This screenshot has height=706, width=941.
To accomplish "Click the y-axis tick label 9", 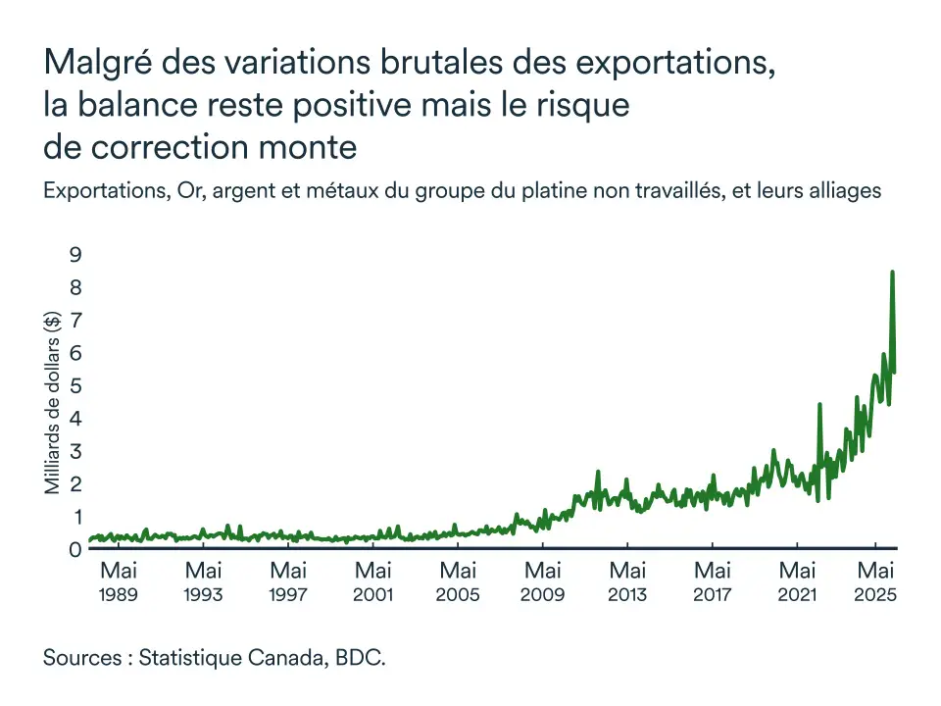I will (74, 255).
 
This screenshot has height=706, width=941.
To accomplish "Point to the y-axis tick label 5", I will (74, 385).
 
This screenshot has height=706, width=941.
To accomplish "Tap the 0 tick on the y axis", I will (74, 549).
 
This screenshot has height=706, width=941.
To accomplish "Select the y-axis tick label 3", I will (74, 451).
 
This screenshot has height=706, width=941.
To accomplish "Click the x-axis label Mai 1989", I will (119, 580).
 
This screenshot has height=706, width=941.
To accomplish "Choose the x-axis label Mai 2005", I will (458, 580).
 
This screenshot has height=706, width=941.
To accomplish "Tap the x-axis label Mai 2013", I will (627, 580).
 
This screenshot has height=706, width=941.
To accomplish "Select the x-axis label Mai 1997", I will (288, 580).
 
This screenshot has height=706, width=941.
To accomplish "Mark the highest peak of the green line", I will (892, 273).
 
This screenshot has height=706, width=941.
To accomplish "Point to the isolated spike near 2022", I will (819, 405).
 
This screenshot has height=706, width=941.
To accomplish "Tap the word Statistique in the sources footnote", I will (188, 657).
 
